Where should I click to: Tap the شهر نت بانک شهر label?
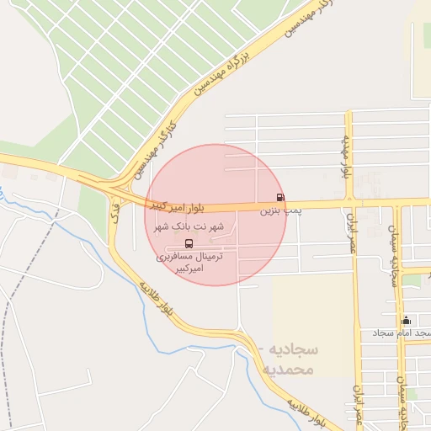(x=187, y=227)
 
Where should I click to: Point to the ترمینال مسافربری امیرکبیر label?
(x=189, y=261)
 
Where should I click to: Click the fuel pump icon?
(x=280, y=197)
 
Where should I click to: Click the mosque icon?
(x=407, y=320)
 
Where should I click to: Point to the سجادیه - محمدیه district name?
(x=286, y=359)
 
